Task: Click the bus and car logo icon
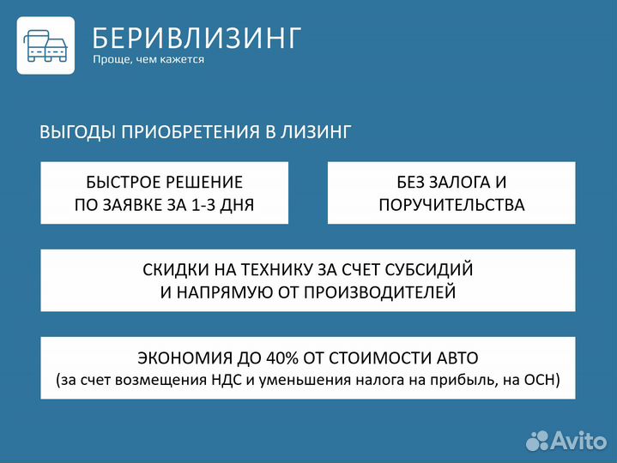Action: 45,45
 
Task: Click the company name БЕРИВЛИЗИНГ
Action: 197,38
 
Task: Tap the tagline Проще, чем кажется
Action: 148,60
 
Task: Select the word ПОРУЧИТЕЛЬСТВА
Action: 451,205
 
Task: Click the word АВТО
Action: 453,357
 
